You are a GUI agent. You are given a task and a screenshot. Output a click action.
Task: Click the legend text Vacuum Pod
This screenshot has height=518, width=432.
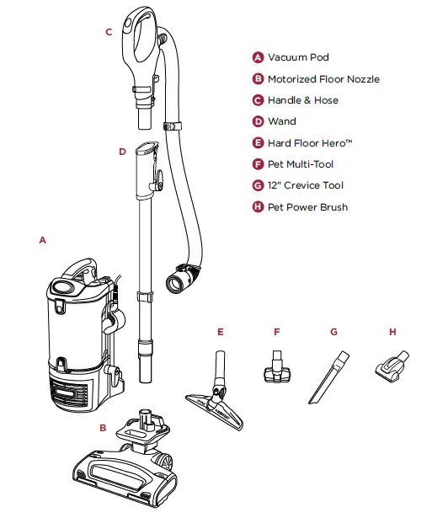tap(298, 58)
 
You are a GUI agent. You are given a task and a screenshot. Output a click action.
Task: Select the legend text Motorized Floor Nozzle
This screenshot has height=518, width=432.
tap(323, 79)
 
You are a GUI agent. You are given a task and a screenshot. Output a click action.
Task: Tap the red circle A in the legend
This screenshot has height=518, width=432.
tap(259, 58)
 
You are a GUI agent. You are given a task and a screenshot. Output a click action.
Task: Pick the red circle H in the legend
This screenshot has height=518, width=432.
tap(259, 206)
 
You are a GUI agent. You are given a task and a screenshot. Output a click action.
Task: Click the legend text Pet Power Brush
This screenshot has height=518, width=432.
tap(307, 206)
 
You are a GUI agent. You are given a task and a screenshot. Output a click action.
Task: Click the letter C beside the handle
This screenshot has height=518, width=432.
tap(109, 32)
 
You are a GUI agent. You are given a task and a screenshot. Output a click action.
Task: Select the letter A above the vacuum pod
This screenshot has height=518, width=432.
tap(41, 240)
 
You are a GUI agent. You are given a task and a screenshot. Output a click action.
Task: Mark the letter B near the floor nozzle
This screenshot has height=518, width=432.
tap(103, 428)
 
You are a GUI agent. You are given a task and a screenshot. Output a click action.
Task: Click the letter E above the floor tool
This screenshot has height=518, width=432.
tap(220, 332)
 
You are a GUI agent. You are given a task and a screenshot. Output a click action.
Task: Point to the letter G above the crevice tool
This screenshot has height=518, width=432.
tap(333, 332)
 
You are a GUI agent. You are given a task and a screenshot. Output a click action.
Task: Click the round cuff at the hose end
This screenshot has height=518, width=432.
tap(184, 280)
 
